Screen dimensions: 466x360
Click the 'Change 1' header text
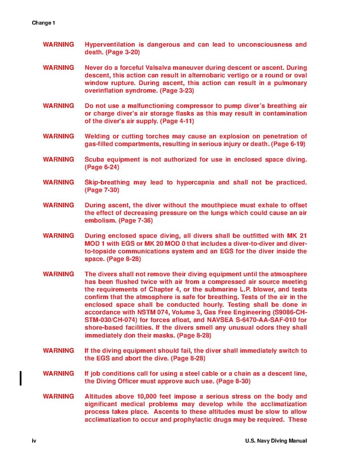click(x=43, y=23)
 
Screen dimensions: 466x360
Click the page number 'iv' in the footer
click(x=34, y=441)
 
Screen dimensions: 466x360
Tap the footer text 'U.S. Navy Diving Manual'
click(x=276, y=441)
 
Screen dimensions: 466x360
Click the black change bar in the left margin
click(x=20, y=377)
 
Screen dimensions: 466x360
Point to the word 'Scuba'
click(x=95, y=159)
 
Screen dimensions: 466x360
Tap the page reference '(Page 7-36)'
click(x=136, y=220)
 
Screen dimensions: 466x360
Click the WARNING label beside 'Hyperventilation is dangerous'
click(x=58, y=45)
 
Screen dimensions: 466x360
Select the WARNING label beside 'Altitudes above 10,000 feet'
click(x=58, y=397)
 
